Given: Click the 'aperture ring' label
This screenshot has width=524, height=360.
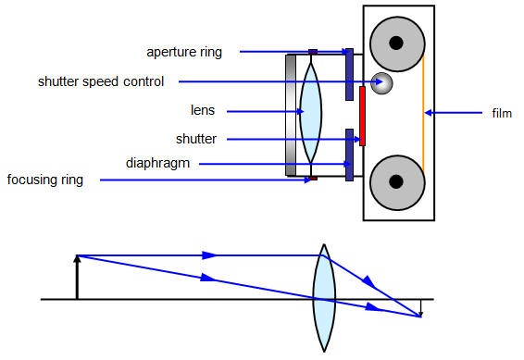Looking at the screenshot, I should pos(184,52).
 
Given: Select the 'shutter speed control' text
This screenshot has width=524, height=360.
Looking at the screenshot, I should pos(101,81).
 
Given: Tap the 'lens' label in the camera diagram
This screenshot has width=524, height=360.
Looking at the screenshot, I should pos(202,111).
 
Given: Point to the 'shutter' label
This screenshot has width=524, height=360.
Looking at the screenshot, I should pos(196,139).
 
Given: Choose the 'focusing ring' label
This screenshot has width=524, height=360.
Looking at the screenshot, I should pos(45,180).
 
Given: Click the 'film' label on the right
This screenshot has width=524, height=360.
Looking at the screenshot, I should pos(502,113).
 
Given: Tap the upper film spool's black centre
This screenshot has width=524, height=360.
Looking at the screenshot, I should pos(397,43).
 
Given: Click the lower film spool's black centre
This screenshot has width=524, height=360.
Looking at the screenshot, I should pos(397,180).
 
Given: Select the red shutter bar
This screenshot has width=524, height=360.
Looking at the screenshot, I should pos(362,117).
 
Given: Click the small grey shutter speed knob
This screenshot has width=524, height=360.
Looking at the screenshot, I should pos(380,82).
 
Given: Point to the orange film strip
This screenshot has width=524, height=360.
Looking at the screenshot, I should pos(424,112).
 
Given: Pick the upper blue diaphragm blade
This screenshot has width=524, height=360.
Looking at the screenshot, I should pos(349,74).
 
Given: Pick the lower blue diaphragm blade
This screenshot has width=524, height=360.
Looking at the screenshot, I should pos(349,154).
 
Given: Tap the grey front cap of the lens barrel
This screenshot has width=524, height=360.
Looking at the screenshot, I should pos(291,112).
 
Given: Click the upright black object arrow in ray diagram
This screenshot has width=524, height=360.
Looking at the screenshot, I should pos(77,277).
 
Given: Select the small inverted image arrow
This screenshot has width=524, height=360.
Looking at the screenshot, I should pos(420,308).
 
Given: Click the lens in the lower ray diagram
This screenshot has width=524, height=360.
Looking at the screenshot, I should pos(323,298).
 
